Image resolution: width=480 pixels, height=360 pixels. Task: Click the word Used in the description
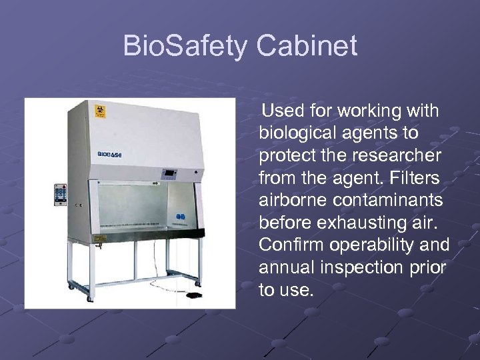[283, 110]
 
